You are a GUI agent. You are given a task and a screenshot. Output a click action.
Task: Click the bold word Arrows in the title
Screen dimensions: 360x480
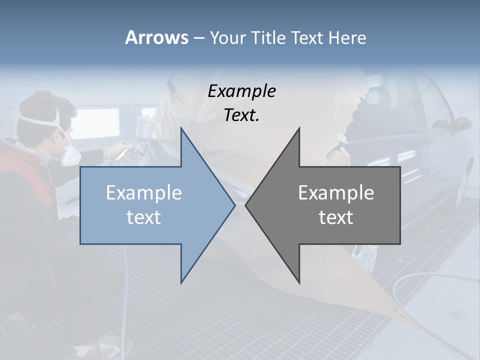pos(156,37)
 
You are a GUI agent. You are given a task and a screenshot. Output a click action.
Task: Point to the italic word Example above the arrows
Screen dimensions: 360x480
pos(241,91)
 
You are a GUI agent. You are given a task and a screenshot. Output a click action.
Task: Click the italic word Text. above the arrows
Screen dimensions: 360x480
pos(241,115)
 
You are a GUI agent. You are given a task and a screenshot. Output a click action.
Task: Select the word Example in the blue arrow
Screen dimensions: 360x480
pos(144,193)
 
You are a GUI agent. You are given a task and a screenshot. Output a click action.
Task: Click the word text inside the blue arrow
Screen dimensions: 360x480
pos(144,217)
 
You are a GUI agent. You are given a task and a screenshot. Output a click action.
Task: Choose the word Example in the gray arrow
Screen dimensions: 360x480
pos(336,193)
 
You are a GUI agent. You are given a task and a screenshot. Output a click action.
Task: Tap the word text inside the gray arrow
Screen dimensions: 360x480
pos(336,217)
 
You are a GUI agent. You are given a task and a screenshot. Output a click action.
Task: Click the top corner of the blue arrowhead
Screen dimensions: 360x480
pos(181,128)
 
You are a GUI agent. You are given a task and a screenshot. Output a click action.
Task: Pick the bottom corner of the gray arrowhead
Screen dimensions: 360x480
pos(299,282)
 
